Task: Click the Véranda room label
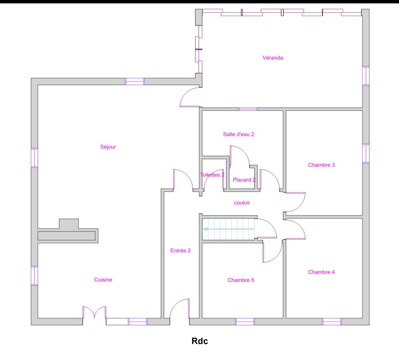[x=273, y=58]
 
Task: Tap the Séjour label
[x=108, y=147]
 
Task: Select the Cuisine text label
[x=103, y=279]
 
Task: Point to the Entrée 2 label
[x=181, y=251]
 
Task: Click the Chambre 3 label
[x=321, y=165]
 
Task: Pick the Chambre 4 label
[x=321, y=272]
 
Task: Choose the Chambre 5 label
[x=241, y=280]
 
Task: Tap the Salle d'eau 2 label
[x=238, y=134]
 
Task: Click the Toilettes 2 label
[x=212, y=175]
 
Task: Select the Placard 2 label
[x=244, y=180]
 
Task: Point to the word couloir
[x=242, y=203]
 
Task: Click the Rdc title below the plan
[x=200, y=341]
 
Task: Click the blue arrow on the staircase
[x=228, y=229]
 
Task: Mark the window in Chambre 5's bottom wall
[x=245, y=321]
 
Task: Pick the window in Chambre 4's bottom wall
[x=332, y=321]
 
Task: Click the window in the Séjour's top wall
[x=135, y=82]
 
